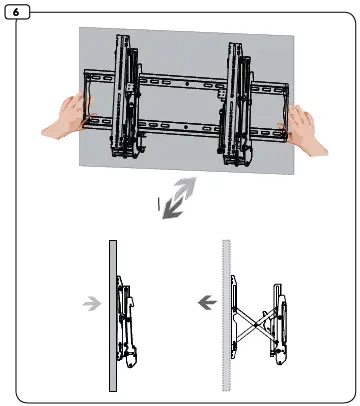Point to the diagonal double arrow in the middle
click(181, 198)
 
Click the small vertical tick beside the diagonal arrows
click(157, 202)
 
